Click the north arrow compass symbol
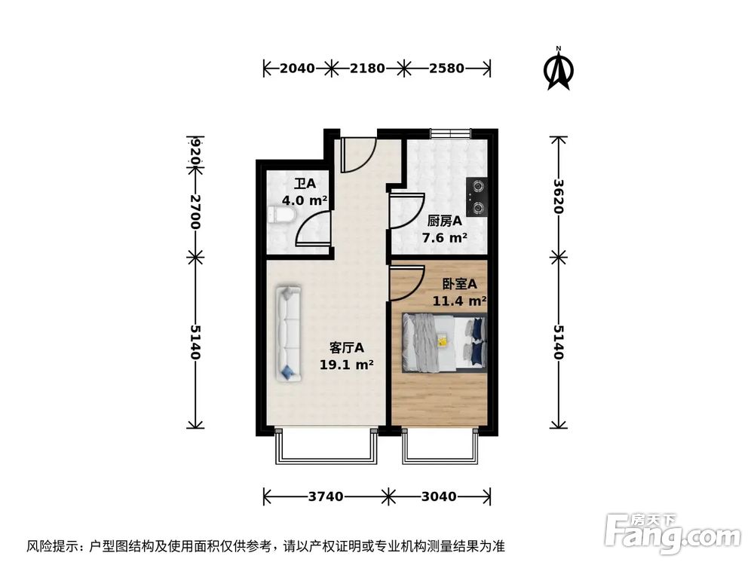click(x=558, y=70)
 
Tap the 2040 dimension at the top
click(x=297, y=69)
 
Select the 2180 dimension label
click(x=367, y=69)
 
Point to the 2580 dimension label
click(x=446, y=69)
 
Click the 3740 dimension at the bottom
click(x=326, y=496)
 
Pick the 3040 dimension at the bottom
click(x=439, y=496)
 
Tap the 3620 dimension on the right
click(x=558, y=196)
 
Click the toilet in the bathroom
click(x=280, y=217)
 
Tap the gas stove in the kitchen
click(x=477, y=195)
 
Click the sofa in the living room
click(x=287, y=332)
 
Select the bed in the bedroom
click(x=443, y=343)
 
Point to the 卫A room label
click(x=304, y=183)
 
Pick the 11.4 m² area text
click(x=458, y=301)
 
